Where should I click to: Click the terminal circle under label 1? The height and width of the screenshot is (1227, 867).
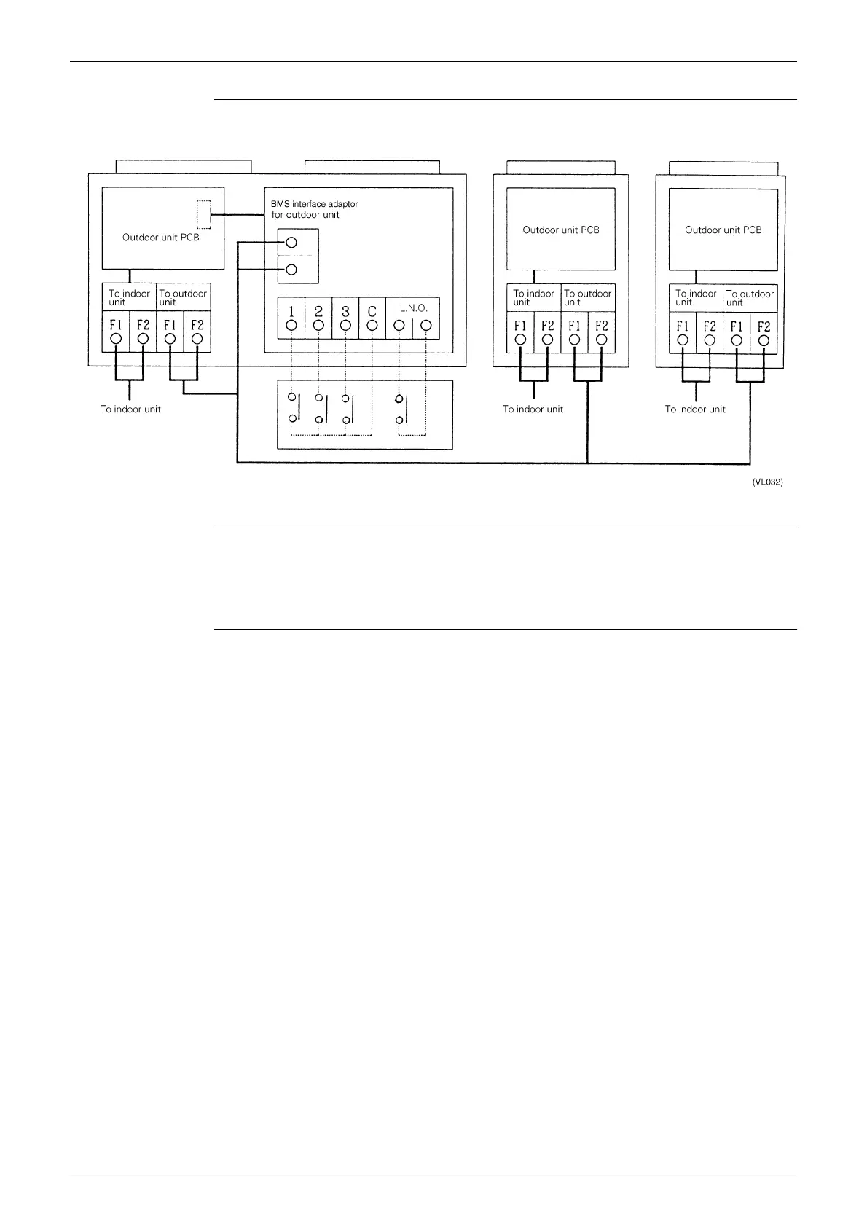[x=291, y=325]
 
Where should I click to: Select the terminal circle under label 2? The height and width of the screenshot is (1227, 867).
[x=318, y=325]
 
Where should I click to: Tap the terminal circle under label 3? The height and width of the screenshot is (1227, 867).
[x=345, y=325]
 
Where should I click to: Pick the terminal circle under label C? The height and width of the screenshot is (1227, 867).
[x=372, y=325]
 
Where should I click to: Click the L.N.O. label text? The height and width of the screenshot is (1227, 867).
[x=413, y=308]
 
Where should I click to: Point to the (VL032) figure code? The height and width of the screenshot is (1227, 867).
[x=767, y=482]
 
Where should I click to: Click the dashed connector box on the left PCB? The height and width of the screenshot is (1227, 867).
[x=203, y=214]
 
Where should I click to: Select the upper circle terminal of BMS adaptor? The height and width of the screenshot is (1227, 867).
[x=291, y=243]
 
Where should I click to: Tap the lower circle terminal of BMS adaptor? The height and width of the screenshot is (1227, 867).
[x=291, y=270]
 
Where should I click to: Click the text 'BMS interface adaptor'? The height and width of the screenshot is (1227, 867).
[x=314, y=204]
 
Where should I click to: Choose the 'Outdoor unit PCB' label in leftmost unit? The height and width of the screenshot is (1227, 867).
[x=160, y=238]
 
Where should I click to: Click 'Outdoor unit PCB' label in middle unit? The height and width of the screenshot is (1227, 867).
[x=561, y=230]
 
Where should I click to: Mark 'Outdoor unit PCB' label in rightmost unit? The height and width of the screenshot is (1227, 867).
[x=723, y=230]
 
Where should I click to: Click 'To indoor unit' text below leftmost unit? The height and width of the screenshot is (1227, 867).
[x=130, y=409]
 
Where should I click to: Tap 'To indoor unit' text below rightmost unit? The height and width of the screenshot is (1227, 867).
[x=695, y=409]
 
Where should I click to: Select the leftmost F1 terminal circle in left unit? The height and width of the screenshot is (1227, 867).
[x=116, y=339]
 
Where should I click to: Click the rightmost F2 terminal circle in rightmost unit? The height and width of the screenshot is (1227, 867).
[x=764, y=340]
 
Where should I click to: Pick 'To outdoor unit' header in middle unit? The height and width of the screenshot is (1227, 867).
[x=587, y=297]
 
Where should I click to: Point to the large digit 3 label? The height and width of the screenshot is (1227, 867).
[x=345, y=310]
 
